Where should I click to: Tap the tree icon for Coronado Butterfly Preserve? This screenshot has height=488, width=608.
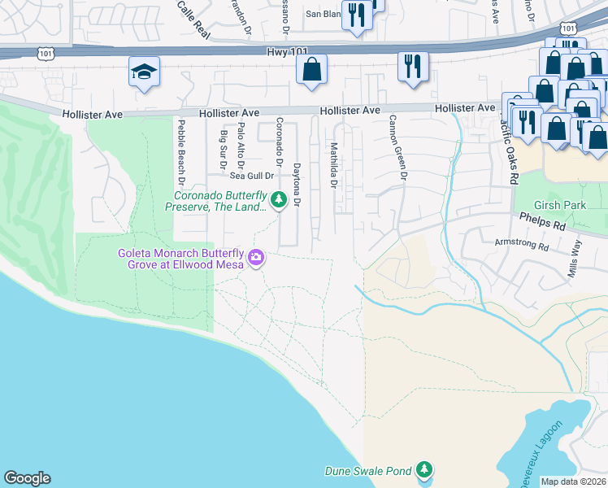tap(278, 199)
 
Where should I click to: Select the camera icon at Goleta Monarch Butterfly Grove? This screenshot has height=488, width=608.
tap(256, 258)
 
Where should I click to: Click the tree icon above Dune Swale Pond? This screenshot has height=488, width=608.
tap(423, 469)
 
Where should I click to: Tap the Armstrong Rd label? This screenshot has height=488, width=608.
tap(523, 242)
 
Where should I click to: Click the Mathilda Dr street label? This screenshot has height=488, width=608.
tap(333, 165)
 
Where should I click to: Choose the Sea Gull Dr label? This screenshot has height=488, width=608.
tap(249, 175)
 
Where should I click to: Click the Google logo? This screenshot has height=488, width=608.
tap(27, 478)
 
